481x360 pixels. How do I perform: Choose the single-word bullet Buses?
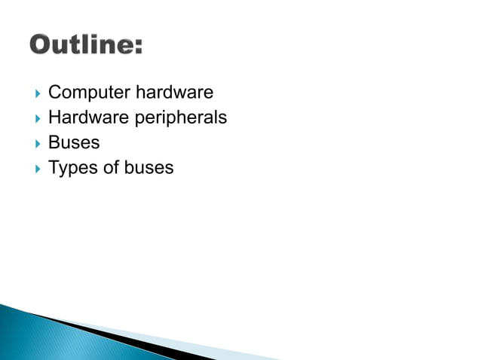74,142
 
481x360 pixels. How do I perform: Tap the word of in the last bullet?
109,167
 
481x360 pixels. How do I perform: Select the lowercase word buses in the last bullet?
149,167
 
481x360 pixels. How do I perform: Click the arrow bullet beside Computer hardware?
37,93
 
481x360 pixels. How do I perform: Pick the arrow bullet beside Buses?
37,143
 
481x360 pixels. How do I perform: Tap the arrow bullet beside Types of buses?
37,168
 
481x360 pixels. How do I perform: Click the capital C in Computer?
54,93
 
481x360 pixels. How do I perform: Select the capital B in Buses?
54,142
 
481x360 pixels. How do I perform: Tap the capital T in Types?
54,167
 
